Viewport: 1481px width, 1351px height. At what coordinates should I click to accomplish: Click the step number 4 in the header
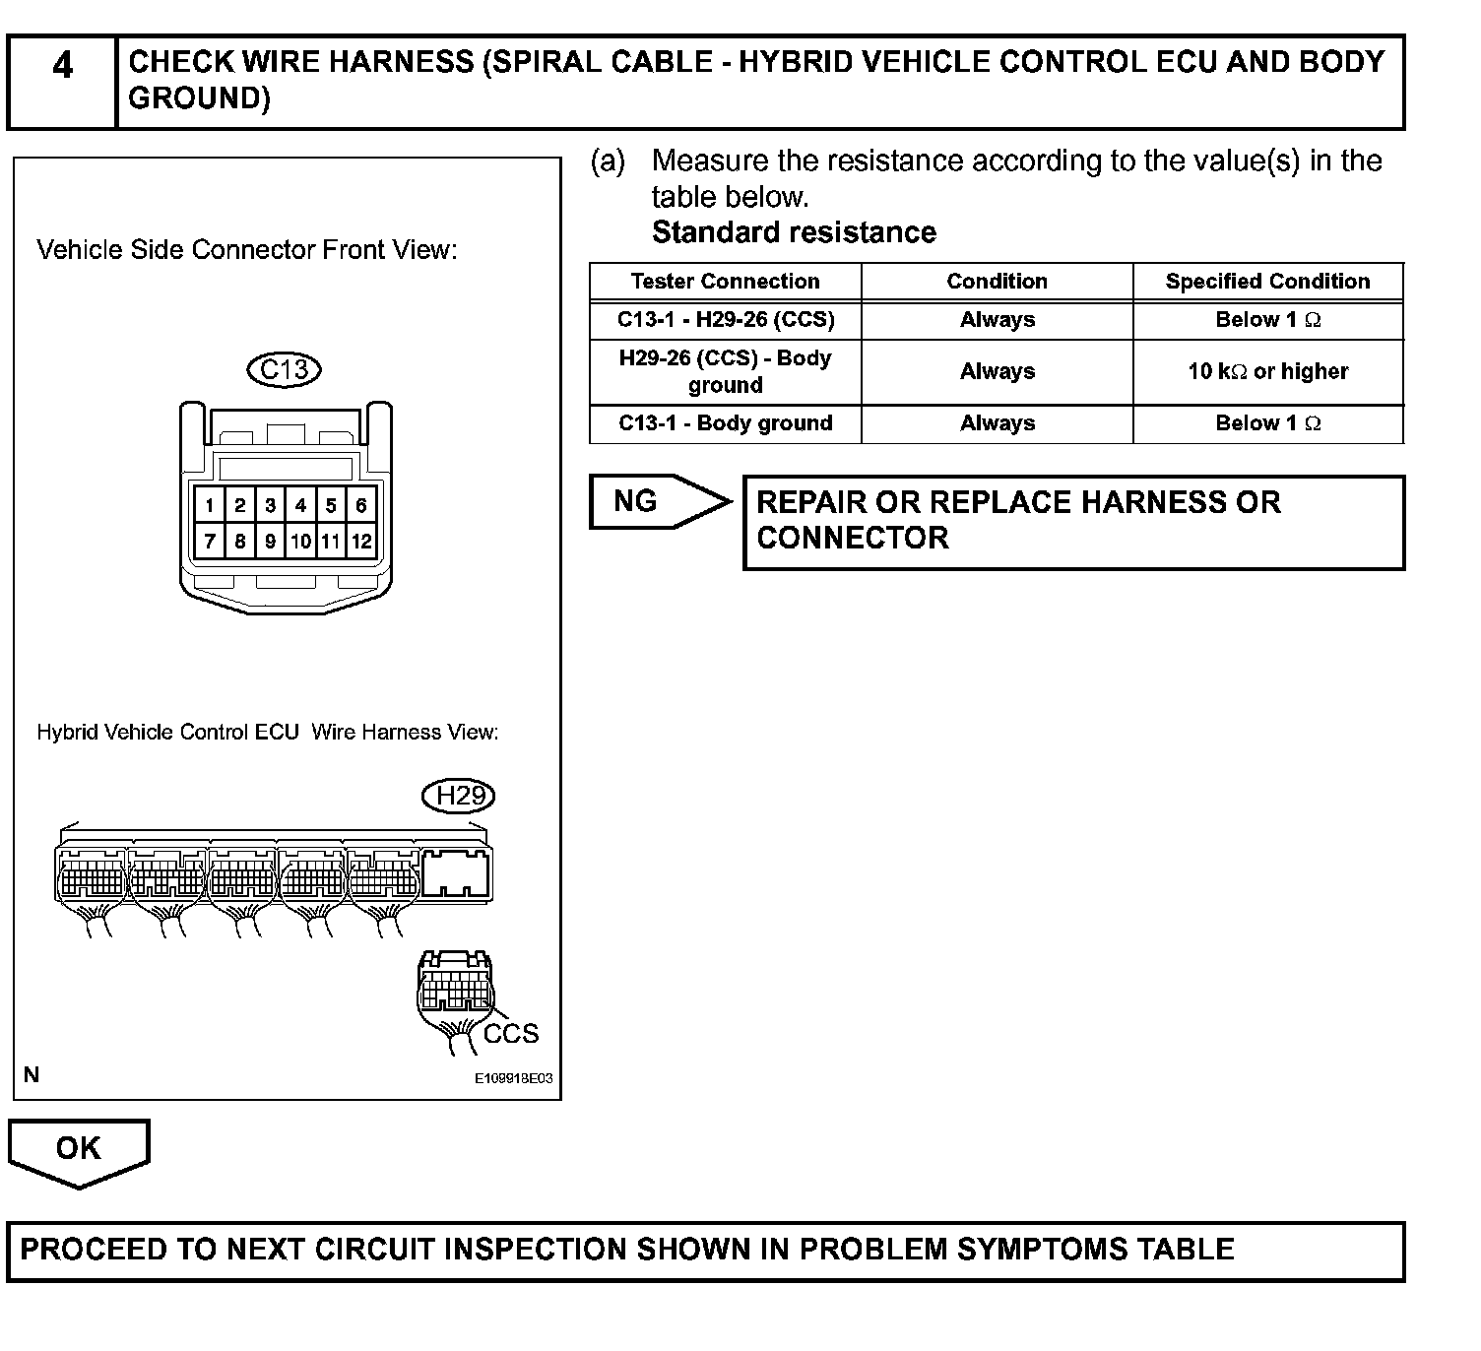(62, 66)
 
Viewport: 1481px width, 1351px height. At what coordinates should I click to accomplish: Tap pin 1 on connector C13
(210, 506)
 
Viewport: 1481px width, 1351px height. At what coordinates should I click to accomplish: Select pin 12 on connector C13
(361, 541)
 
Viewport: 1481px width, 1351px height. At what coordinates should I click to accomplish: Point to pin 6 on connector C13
(361, 506)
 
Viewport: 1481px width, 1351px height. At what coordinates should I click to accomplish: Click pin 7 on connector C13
(210, 541)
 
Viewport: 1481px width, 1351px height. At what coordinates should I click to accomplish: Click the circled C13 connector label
(285, 369)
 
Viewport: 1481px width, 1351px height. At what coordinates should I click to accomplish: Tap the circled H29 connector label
(458, 795)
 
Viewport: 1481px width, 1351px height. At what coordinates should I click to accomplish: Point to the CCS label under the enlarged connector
(511, 1033)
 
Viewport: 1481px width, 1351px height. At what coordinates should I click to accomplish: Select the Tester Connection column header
(725, 282)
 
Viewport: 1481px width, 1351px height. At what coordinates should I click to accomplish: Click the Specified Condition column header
(1267, 282)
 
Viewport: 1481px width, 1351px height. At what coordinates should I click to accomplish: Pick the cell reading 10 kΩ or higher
(1267, 371)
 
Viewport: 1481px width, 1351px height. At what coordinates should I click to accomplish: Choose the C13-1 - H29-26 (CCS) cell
(725, 320)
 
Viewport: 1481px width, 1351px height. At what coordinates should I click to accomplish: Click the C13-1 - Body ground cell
(725, 423)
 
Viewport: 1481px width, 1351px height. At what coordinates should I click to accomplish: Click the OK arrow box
(79, 1149)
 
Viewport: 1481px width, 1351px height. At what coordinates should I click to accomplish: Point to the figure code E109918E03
(513, 1078)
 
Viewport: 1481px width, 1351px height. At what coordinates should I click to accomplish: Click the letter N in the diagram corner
(32, 1074)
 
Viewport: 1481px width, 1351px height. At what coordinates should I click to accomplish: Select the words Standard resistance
(794, 232)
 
